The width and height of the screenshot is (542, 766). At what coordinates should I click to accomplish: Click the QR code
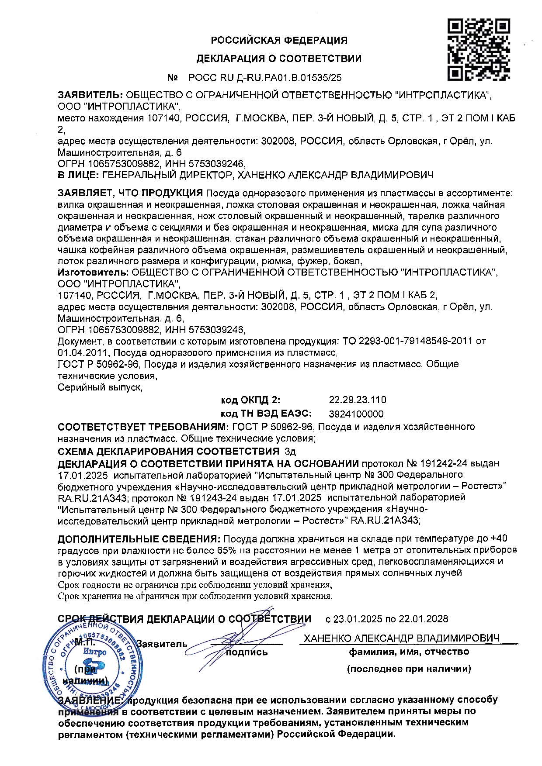(479, 49)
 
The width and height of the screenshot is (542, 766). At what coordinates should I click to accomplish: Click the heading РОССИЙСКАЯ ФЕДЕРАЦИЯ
(279, 41)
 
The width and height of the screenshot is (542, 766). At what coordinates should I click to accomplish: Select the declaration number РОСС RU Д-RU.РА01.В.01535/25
(264, 78)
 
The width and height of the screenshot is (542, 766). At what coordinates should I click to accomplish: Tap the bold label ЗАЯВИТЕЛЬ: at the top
(90, 95)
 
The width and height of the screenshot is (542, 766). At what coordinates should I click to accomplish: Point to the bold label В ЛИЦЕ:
(78, 175)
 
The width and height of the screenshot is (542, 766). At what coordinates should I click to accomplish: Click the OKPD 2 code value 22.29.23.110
(357, 400)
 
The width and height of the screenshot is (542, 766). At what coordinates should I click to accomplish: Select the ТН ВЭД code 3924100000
(356, 414)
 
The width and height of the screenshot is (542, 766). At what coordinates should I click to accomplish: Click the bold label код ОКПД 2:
(250, 400)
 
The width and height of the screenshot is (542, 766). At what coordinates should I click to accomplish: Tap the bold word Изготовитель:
(91, 272)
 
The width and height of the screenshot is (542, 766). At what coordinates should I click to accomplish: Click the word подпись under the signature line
(247, 652)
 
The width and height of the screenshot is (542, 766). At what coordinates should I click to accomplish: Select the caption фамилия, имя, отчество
(409, 652)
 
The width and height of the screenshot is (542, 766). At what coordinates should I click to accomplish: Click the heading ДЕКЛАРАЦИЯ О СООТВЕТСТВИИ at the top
(279, 59)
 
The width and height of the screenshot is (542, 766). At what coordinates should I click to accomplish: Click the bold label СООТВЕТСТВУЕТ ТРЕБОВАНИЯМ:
(143, 426)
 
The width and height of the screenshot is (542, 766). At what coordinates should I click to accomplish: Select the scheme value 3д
(290, 451)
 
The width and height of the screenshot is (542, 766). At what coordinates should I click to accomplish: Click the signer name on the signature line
(401, 638)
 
